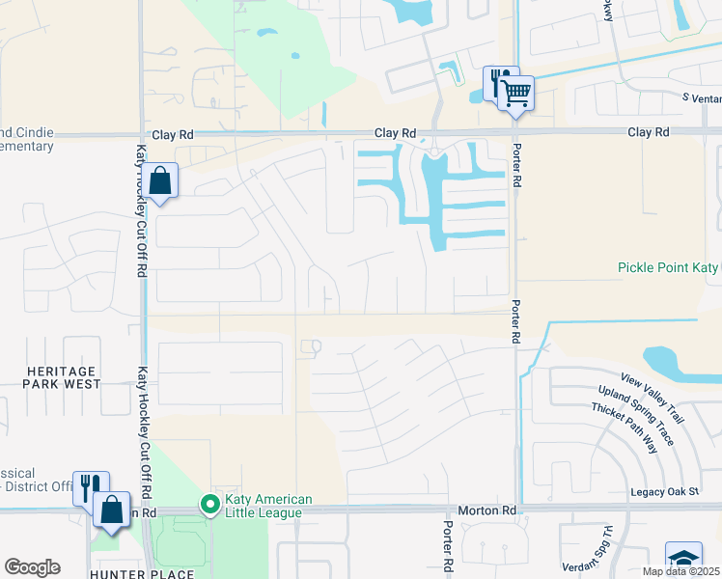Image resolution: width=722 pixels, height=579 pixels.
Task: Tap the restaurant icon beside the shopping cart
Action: [x=501, y=82]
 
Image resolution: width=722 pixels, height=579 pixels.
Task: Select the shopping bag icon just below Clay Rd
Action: [x=159, y=180]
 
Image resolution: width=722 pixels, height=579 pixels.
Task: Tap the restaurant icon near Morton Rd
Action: [x=91, y=487]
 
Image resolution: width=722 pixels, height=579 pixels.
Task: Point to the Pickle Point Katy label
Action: [x=668, y=267]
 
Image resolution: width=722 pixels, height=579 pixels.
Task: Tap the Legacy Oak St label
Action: [x=664, y=492]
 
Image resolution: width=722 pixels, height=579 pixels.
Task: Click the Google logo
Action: [x=32, y=567]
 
